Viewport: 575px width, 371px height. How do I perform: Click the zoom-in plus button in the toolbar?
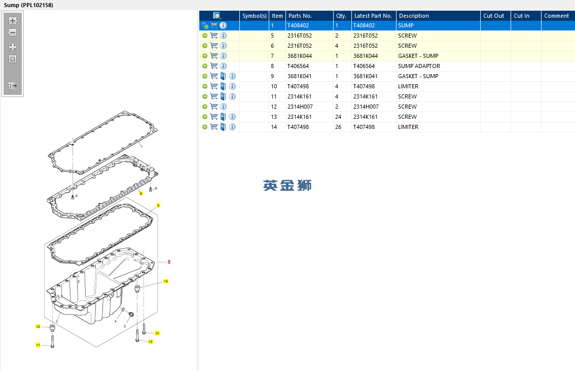[13, 21]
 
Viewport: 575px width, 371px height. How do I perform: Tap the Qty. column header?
[342, 16]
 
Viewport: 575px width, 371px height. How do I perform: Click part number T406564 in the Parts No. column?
[298, 66]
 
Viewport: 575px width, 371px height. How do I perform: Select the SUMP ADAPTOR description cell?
[419, 66]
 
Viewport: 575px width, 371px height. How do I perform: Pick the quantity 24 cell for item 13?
[338, 117]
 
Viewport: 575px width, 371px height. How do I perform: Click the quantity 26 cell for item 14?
[338, 127]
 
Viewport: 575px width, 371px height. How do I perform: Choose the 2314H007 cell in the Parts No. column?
[300, 107]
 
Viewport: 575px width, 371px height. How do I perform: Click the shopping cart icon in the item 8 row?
[214, 66]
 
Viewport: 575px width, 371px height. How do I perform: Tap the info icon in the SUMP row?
[223, 25]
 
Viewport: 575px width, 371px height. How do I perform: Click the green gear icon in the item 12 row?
[205, 107]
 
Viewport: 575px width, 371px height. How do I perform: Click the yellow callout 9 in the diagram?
[158, 206]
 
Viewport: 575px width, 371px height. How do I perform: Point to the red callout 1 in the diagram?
[169, 262]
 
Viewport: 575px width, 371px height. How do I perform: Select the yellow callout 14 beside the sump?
[166, 282]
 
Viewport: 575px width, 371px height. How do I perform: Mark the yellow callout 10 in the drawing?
[38, 327]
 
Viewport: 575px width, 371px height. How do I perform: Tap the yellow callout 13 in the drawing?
[151, 342]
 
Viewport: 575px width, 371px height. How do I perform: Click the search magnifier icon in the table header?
[217, 16]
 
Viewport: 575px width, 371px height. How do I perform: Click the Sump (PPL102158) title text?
[28, 5]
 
